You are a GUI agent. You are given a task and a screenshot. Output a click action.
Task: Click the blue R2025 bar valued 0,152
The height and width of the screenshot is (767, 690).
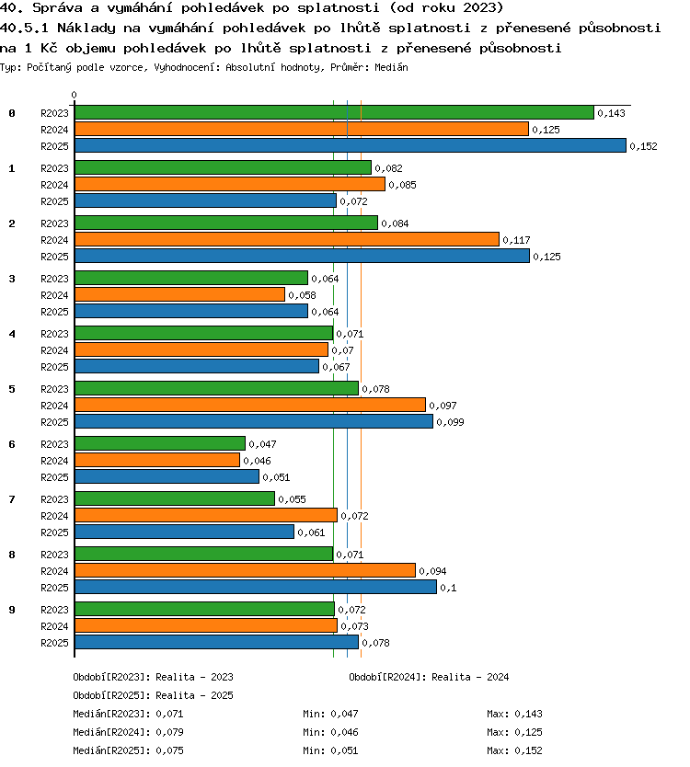351,145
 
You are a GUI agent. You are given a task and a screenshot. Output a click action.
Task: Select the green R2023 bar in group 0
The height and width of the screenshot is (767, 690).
334,112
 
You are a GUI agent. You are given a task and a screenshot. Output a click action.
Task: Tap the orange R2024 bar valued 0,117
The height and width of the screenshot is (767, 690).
287,239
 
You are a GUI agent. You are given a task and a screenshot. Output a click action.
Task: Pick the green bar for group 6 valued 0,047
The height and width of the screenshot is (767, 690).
160,443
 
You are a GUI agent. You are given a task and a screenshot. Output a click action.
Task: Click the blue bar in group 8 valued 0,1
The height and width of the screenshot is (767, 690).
256,587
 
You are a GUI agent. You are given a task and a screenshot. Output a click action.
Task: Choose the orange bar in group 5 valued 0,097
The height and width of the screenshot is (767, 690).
250,405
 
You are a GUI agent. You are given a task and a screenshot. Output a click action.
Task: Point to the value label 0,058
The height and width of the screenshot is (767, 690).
302,295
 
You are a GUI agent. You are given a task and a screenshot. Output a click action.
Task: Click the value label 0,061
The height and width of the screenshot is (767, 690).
311,532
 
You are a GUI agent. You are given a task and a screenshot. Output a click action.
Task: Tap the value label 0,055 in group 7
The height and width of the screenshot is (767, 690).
293,499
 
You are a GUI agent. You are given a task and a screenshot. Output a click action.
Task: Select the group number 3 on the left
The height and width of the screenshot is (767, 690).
12,279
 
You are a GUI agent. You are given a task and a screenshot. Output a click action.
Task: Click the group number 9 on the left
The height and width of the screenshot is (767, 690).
12,610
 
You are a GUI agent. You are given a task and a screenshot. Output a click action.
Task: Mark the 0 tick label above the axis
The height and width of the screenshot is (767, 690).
74,95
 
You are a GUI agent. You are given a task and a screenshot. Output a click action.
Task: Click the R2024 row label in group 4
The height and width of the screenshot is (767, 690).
54,350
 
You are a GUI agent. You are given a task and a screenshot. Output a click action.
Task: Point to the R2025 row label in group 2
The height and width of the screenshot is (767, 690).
54,257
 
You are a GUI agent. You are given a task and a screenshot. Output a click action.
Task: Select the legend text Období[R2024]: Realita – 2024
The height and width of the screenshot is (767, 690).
429,677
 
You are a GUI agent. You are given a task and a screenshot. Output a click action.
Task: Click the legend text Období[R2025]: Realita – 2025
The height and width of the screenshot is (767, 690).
153,695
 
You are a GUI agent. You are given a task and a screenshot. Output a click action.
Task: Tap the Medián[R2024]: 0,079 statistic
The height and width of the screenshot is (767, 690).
128,732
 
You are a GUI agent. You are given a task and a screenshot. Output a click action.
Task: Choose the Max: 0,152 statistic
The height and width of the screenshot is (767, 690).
514,750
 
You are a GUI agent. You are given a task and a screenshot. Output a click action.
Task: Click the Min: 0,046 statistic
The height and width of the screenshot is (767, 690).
330,732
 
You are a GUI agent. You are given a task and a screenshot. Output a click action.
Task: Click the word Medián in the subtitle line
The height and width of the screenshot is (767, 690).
391,67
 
